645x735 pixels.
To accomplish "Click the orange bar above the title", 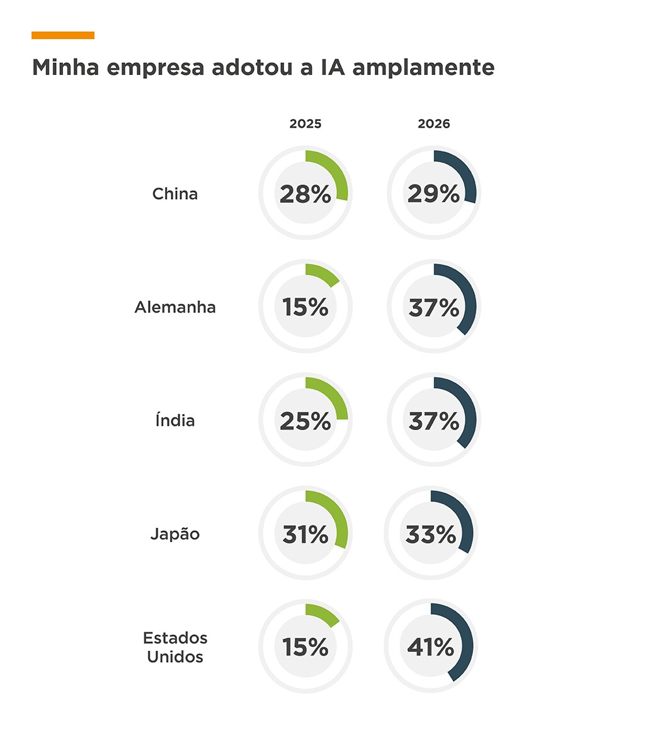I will click(x=63, y=35).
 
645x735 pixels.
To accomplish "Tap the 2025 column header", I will click(x=305, y=124).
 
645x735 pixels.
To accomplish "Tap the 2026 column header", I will click(x=434, y=124).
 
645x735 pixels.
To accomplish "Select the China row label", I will click(x=175, y=194).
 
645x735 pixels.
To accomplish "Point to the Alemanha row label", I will click(x=175, y=307).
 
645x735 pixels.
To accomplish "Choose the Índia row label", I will click(x=175, y=420).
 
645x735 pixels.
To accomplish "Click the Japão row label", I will click(x=175, y=534).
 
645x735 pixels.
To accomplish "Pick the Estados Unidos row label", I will click(x=175, y=647).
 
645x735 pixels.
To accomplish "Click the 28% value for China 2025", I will click(x=305, y=195).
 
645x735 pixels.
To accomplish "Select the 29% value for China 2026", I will click(x=434, y=195).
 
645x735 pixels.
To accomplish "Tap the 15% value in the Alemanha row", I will click(x=305, y=308).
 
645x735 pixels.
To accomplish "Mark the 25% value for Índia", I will click(x=305, y=421).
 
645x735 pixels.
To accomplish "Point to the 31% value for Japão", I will click(x=305, y=535).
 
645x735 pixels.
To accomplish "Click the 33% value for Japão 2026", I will click(x=431, y=535).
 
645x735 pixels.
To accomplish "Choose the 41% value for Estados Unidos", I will click(x=431, y=648).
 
